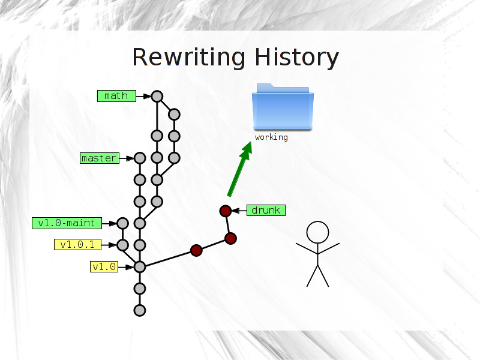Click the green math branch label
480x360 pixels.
pyautogui.click(x=116, y=96)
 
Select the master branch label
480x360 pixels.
pyautogui.click(x=100, y=158)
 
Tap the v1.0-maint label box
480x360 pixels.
pyautogui.click(x=67, y=223)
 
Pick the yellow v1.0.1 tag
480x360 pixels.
pyautogui.click(x=78, y=245)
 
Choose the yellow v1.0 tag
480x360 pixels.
pyautogui.click(x=104, y=266)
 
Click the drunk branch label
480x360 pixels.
pyautogui.click(x=266, y=211)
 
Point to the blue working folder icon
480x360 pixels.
pyautogui.click(x=283, y=107)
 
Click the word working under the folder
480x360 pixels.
pyautogui.click(x=271, y=137)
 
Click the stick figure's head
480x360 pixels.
pyautogui.click(x=318, y=232)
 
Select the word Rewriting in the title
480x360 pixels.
pyautogui.click(x=188, y=57)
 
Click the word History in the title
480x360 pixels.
pyautogui.click(x=297, y=57)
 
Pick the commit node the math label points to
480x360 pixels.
pyautogui.click(x=157, y=97)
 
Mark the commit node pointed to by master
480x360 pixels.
pyautogui.click(x=140, y=158)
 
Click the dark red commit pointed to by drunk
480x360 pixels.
pyautogui.click(x=226, y=211)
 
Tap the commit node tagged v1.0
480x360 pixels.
pyautogui.click(x=140, y=267)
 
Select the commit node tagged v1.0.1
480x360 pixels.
pyautogui.click(x=123, y=245)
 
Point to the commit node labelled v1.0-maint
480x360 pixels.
pyautogui.click(x=123, y=223)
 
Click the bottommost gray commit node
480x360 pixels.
pyautogui.click(x=140, y=310)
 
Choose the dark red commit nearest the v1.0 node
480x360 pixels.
pyautogui.click(x=197, y=250)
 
